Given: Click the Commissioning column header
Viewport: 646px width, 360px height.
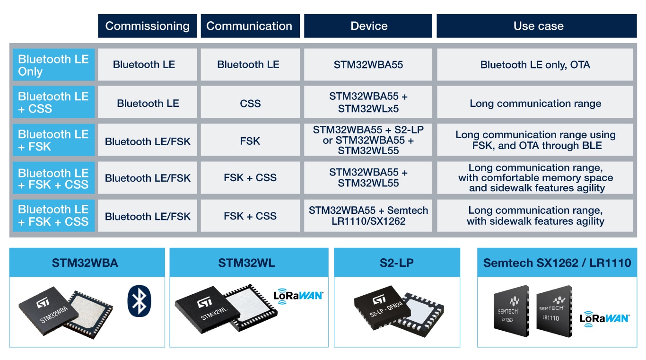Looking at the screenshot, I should coord(147,26).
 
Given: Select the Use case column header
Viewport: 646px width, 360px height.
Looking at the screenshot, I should coord(538,26).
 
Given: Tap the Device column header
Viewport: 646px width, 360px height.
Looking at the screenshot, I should coord(368,26).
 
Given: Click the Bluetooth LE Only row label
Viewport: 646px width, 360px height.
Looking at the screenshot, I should coord(53,65).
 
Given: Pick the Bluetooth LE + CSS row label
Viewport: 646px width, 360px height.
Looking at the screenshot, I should coord(53,103).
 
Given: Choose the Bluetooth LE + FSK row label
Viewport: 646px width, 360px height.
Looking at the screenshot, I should coord(53,140).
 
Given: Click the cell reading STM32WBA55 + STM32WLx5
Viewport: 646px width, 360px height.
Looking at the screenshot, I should coord(368,103).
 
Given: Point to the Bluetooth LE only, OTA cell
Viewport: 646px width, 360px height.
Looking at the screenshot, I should coord(535,65).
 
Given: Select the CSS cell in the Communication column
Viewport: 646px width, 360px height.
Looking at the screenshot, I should coord(250,103).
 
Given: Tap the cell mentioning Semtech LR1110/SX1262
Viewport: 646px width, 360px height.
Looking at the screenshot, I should coord(368,216).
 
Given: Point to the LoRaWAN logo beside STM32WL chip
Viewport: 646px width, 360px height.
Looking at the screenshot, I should coord(298,295).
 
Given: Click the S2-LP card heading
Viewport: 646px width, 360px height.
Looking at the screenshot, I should coord(396,263).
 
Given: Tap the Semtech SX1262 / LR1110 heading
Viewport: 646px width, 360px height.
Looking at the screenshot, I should coord(557,263).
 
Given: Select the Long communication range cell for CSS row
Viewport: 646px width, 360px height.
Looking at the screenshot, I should coord(535,103).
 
